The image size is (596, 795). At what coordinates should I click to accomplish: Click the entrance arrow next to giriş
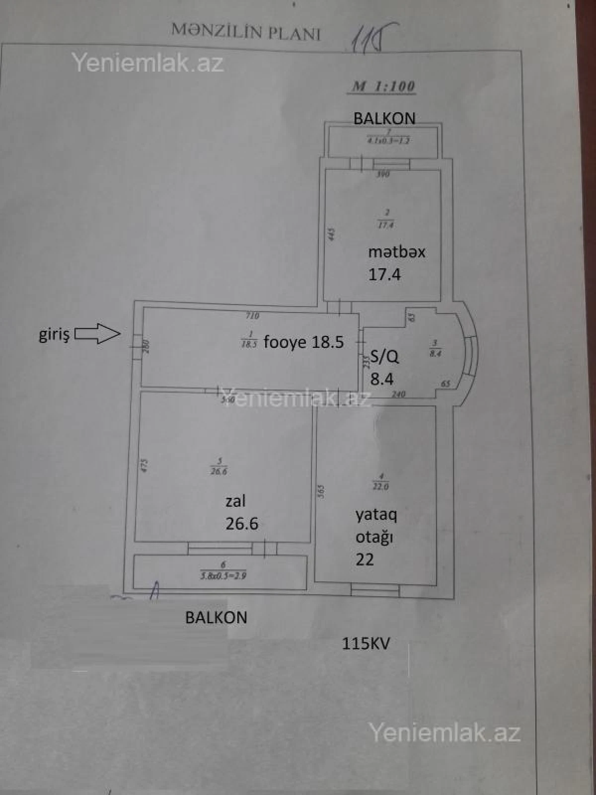pos(98,333)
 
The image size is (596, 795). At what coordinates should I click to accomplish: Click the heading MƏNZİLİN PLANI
pos(246,32)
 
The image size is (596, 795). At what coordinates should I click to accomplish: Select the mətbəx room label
pos(396,252)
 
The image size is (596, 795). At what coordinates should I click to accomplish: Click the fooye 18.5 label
pos(303,342)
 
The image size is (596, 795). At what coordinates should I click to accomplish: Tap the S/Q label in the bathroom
pos(384,356)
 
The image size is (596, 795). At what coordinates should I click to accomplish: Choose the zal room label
pos(235,501)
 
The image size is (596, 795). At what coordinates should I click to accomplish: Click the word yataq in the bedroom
pos(376,515)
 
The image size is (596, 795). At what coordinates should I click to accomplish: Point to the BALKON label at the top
pos(384,118)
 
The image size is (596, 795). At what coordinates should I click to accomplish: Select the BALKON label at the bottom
pos(216,617)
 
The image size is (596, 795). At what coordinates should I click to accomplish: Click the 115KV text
pos(366,643)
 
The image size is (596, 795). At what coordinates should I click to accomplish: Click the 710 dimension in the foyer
pos(252,315)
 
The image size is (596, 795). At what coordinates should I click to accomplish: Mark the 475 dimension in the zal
pos(144,465)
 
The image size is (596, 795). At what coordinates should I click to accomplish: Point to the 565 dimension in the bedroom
pos(321,492)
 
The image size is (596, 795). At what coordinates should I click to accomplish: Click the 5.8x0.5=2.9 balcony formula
pos(223,576)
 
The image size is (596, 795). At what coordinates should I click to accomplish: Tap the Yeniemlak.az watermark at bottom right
pos(444,732)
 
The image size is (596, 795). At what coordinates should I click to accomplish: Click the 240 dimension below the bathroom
pos(398,394)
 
